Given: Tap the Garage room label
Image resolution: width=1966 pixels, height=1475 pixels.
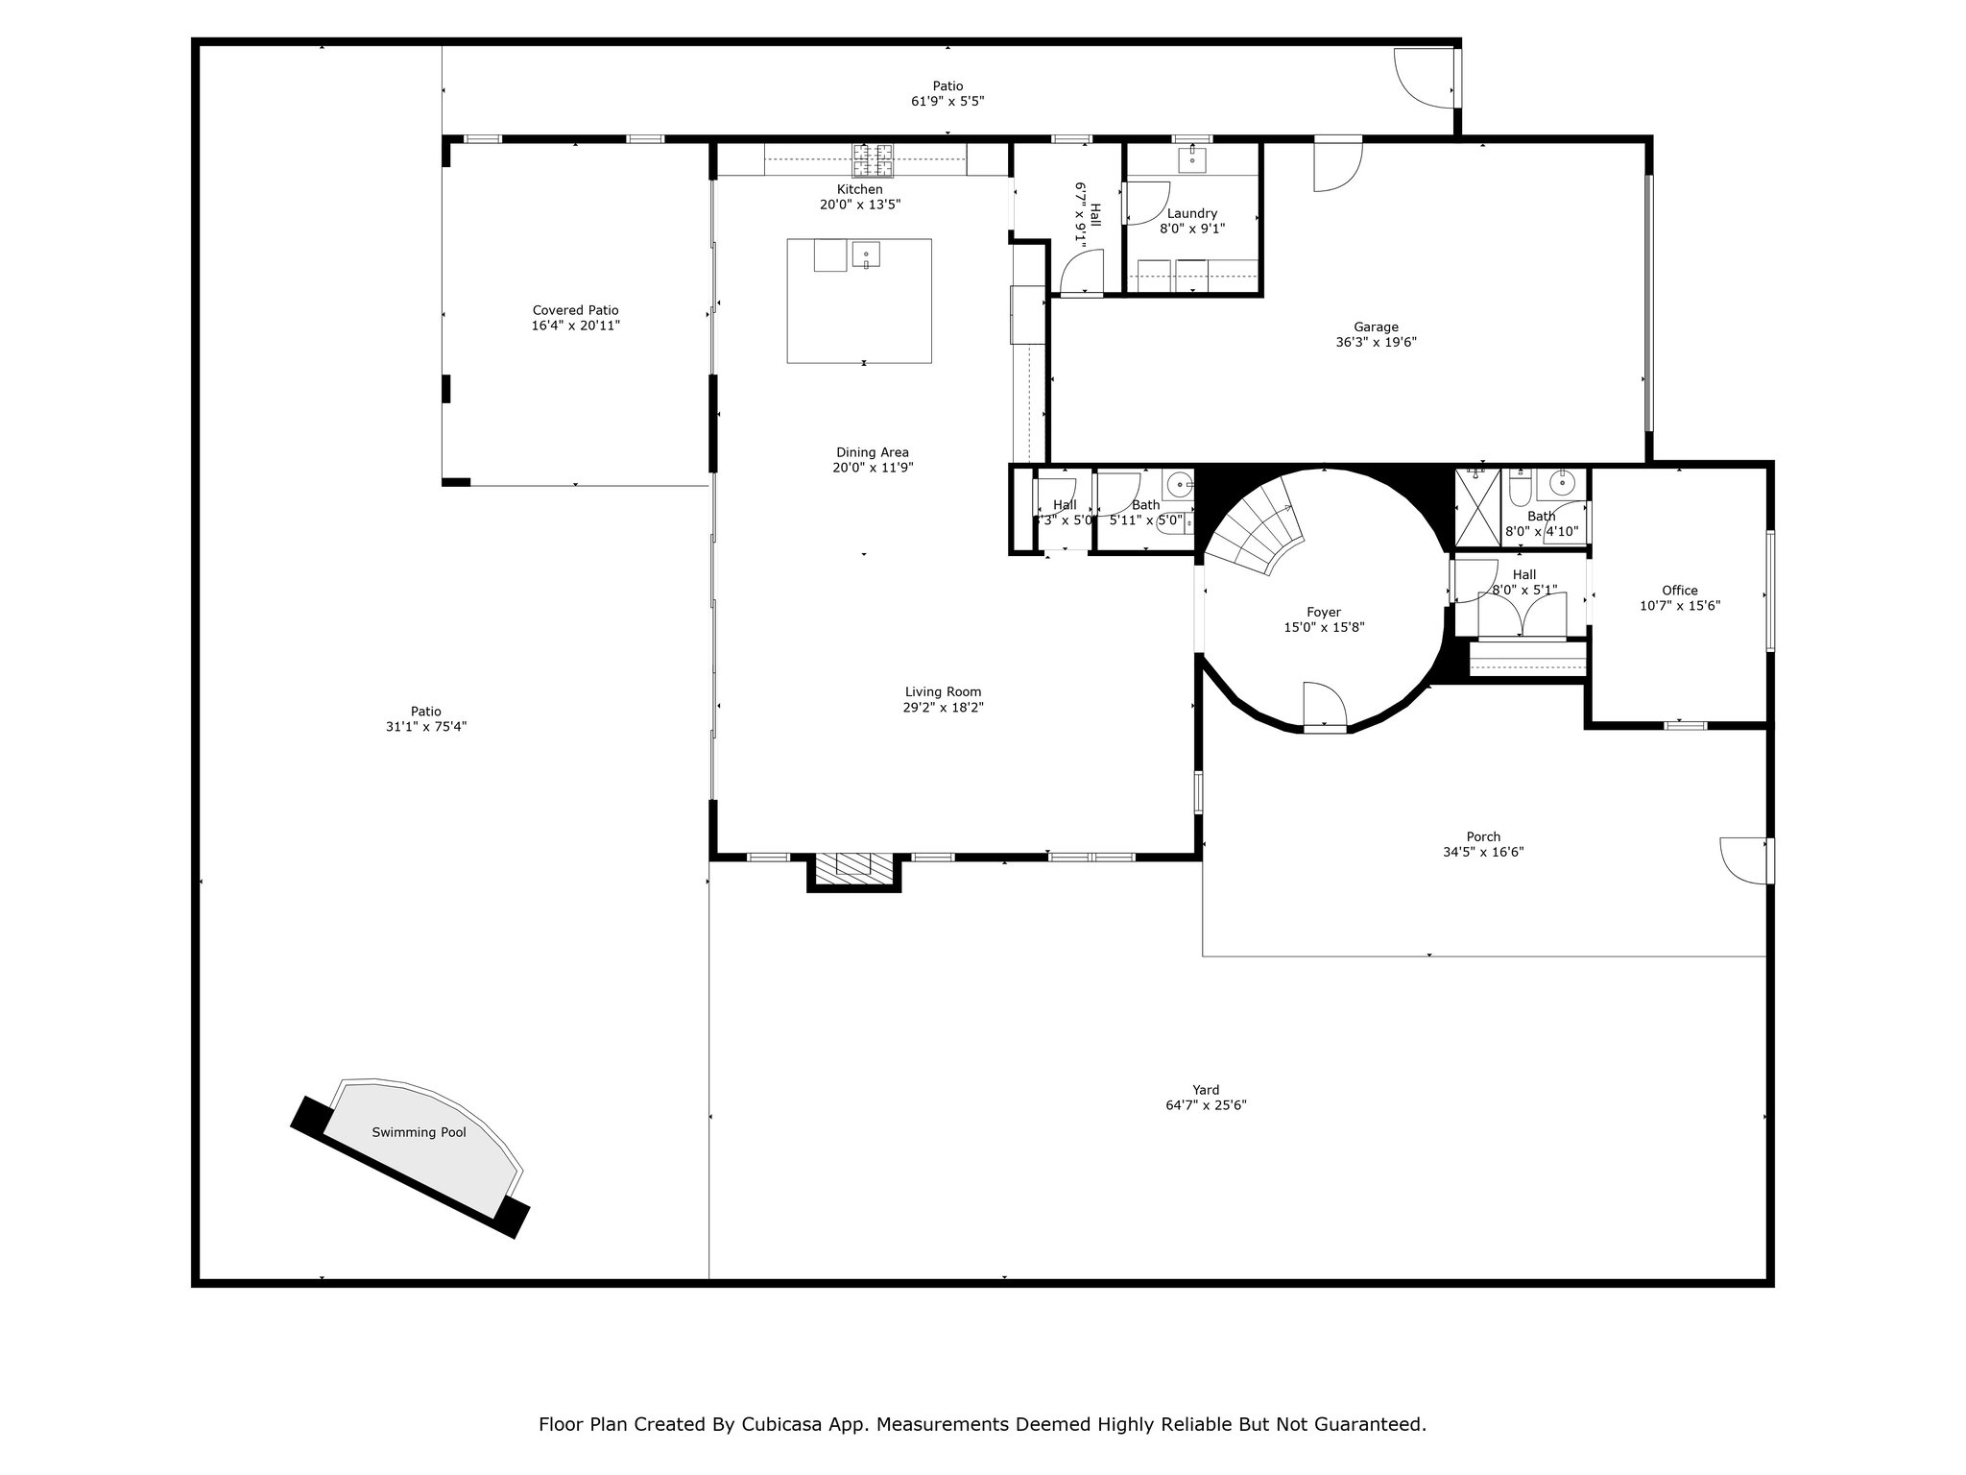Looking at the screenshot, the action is click(x=1376, y=326).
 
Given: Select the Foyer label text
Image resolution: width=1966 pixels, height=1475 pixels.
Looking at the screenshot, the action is click(x=1324, y=612).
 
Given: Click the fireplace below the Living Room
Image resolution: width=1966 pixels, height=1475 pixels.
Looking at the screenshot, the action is click(x=854, y=869).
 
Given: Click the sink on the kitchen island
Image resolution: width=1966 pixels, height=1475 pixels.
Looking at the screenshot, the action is click(x=866, y=255).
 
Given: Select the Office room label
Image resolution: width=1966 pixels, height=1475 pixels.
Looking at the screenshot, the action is click(x=1680, y=591).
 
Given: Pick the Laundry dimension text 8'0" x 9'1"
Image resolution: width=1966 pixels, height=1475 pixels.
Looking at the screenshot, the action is click(x=1192, y=229).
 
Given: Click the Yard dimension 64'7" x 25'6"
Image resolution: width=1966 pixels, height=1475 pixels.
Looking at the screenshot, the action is click(x=1206, y=1105).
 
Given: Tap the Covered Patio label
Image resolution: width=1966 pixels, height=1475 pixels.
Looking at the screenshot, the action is click(x=575, y=310).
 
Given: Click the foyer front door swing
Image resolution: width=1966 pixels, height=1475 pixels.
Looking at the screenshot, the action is click(x=1326, y=706).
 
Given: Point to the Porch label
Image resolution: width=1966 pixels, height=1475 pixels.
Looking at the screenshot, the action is click(x=1483, y=836).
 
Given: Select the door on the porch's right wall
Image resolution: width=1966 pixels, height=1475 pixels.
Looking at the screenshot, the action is click(x=1746, y=860).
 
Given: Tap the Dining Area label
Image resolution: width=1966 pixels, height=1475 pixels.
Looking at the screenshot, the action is click(x=872, y=452).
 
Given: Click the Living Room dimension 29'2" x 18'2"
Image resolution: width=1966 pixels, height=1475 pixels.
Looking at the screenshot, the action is click(x=944, y=708).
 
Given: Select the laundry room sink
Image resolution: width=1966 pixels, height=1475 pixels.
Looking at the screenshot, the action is click(x=1192, y=158).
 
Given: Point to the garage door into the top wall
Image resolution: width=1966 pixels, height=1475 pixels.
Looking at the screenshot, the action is click(x=1338, y=163).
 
